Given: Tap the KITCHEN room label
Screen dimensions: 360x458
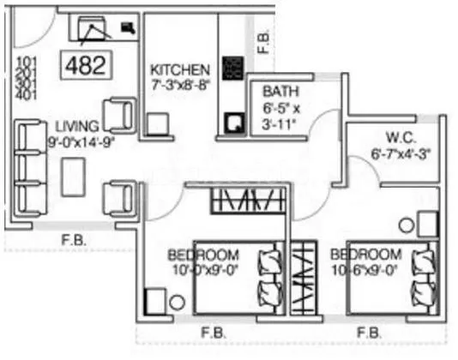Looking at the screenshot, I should [x=178, y=69].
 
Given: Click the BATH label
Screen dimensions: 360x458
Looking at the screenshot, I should [x=280, y=92].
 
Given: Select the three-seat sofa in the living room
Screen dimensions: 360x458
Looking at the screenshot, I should [x=31, y=168].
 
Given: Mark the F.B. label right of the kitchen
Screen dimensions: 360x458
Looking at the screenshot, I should [x=266, y=42].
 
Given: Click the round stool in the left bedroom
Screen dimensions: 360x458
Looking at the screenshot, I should [x=177, y=302].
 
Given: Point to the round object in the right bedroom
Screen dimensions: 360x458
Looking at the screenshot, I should [x=406, y=225].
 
